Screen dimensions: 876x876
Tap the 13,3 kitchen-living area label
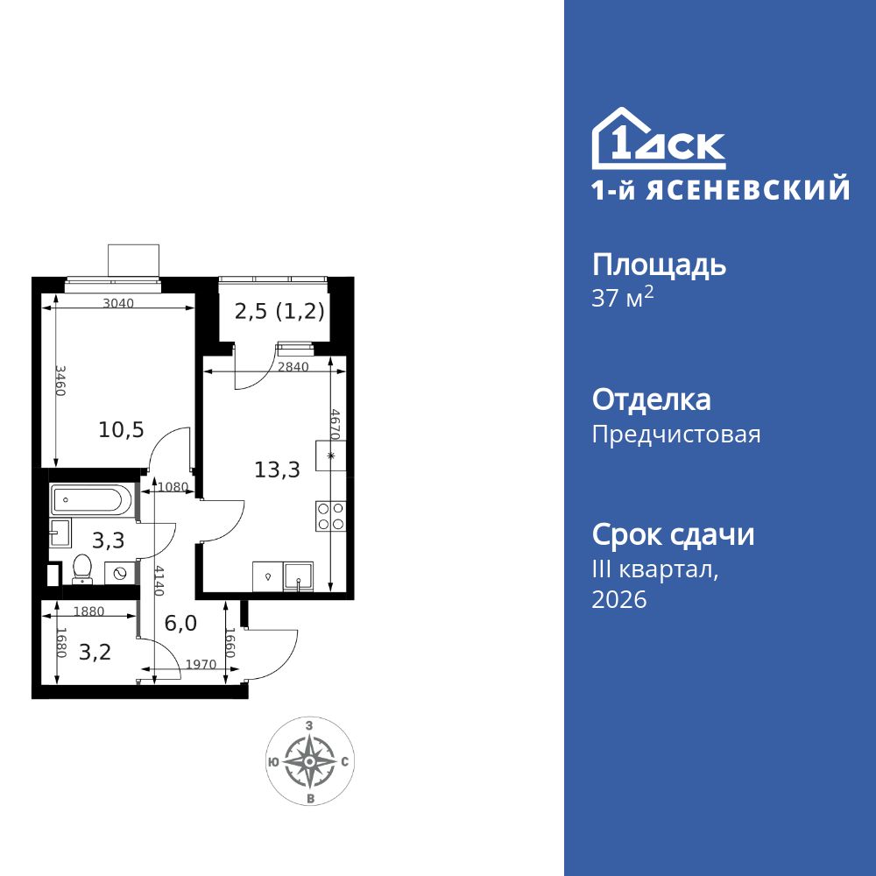click(277, 470)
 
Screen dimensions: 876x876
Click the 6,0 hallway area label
click(180, 623)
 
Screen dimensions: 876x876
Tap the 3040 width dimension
click(118, 304)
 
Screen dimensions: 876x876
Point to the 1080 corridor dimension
click(172, 487)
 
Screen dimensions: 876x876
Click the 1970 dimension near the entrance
click(200, 665)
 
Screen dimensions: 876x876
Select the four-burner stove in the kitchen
click(331, 516)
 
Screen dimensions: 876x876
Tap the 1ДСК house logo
click(658, 140)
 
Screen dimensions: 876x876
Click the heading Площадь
click(659, 265)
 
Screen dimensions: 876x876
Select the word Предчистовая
click(676, 434)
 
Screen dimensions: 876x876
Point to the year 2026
click(619, 600)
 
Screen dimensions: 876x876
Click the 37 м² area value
click(623, 299)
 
